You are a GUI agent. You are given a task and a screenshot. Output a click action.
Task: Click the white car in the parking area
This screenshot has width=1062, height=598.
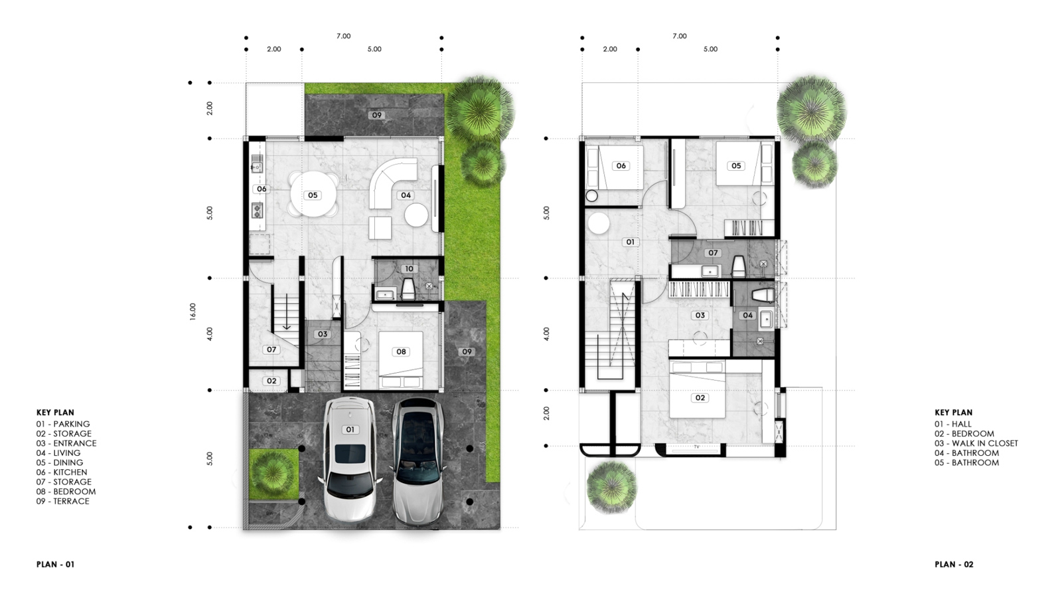pos(350,459)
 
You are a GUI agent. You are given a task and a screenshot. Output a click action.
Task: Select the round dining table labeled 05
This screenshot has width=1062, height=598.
pos(313,195)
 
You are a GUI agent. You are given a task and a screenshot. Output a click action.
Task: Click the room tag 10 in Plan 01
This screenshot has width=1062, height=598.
pos(409,268)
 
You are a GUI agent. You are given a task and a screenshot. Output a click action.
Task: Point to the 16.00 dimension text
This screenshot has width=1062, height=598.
pos(192,312)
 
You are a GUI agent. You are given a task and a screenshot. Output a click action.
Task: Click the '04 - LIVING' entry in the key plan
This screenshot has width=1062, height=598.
pos(58,452)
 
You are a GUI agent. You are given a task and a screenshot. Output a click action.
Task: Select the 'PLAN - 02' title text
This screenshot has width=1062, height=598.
pos(954,564)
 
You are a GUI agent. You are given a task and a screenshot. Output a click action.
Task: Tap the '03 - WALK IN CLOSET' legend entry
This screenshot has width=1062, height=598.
pos(976,443)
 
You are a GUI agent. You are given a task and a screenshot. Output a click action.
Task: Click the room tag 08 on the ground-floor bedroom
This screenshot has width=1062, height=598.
pos(401,351)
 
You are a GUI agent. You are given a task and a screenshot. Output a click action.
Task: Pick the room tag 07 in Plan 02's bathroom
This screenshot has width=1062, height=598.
pos(713,253)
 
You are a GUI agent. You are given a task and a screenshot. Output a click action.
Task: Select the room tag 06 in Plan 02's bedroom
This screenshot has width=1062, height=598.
pos(621,165)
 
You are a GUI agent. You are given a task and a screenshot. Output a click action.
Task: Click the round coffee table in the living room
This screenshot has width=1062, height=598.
pos(416,215)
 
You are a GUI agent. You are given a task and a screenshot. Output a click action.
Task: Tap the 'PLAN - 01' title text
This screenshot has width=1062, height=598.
pos(56,564)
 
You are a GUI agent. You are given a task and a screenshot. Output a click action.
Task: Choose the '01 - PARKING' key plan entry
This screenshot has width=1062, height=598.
pos(63,424)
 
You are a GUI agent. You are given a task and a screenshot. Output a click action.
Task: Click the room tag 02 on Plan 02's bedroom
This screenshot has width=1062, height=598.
pos(700,398)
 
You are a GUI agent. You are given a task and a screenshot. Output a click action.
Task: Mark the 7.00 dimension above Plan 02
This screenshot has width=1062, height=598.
pos(680,36)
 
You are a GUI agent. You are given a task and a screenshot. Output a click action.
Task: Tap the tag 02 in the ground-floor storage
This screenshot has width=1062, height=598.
pos(271,381)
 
